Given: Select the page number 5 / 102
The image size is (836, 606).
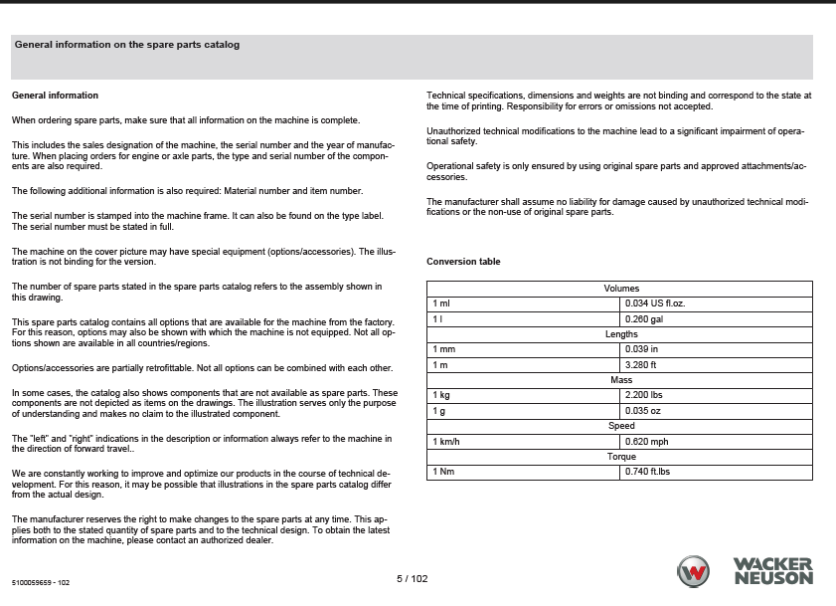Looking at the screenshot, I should pyautogui.click(x=412, y=578).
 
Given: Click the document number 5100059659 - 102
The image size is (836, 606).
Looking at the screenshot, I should pyautogui.click(x=41, y=582).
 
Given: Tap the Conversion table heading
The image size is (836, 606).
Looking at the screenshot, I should pyautogui.click(x=463, y=262).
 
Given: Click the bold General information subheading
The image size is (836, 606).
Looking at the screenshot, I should pyautogui.click(x=55, y=96).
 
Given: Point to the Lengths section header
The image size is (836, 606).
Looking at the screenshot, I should pyautogui.click(x=621, y=334).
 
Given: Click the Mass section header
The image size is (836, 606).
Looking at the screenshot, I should pyautogui.click(x=621, y=380).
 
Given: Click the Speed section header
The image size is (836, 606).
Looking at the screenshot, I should pyautogui.click(x=621, y=426).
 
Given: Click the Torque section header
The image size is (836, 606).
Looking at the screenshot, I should pyautogui.click(x=621, y=456).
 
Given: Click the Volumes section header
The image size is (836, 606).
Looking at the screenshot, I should pyautogui.click(x=621, y=289).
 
